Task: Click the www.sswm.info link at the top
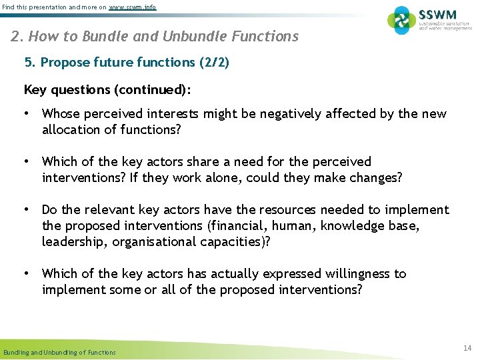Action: tap(133, 7)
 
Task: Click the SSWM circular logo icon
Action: tap(402, 20)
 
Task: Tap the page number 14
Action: tap(467, 348)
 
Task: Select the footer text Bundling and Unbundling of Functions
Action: tap(59, 352)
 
